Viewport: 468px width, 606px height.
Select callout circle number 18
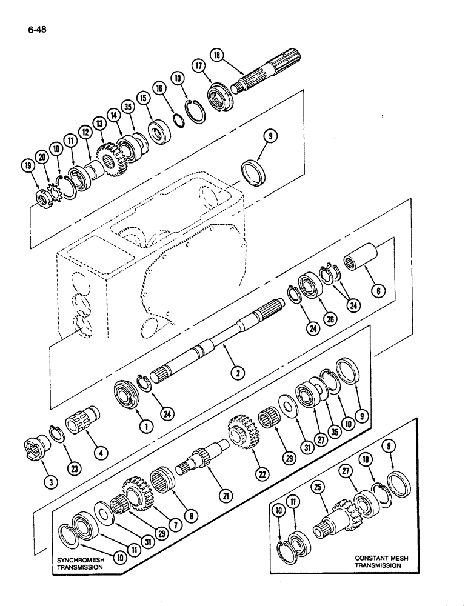(x=216, y=56)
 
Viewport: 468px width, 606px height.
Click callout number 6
(x=378, y=291)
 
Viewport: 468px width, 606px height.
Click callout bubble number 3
(x=52, y=482)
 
